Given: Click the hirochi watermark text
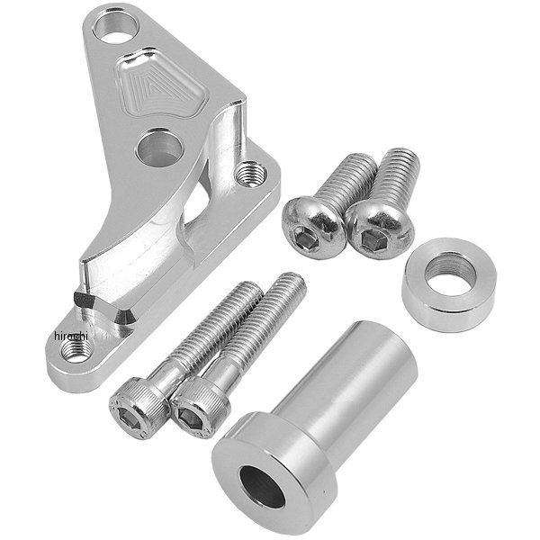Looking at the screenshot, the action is coord(71,336).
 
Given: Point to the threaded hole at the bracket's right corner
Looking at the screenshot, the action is coord(251,173).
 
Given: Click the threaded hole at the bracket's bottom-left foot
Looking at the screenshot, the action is coord(76,350).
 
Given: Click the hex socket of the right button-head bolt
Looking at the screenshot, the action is coord(372,238).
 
